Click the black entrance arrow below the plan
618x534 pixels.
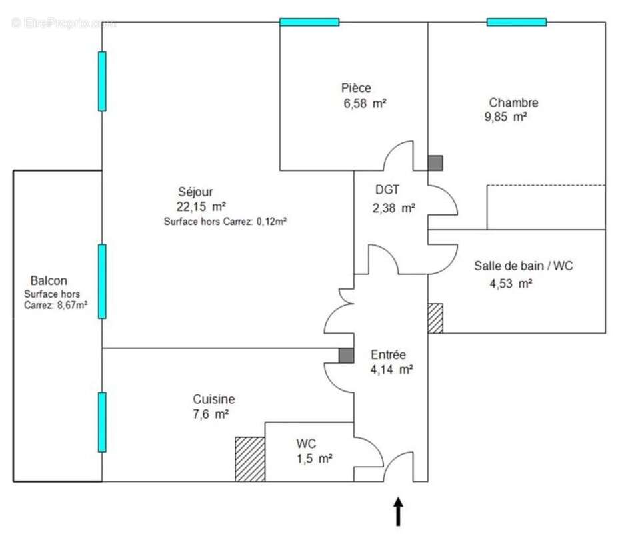(399, 511)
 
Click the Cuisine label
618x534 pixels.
(214, 399)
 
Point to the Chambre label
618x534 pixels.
(513, 103)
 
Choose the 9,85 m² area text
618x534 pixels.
(506, 117)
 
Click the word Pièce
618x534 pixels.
(356, 88)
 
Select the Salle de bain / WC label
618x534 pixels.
(523, 266)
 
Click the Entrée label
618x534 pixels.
(389, 355)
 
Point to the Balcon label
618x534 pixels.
(49, 281)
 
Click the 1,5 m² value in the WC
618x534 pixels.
(314, 459)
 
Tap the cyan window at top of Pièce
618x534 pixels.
(309, 22)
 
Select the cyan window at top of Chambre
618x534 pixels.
(517, 22)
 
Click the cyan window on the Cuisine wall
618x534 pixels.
(102, 422)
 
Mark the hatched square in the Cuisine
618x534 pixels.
(250, 459)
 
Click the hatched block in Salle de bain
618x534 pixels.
(435, 318)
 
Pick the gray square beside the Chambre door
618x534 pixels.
(435, 162)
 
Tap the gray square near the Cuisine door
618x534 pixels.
(346, 356)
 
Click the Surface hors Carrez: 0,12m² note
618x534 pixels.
(225, 222)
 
